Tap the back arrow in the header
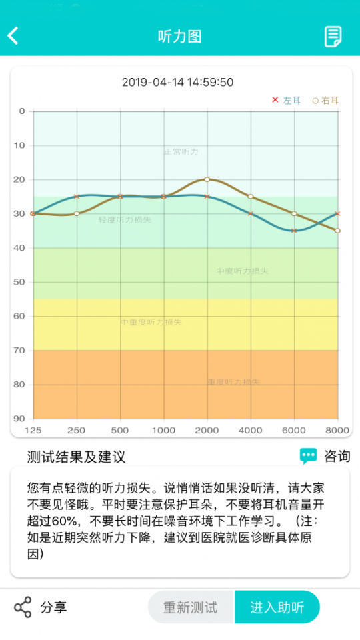pyautogui.click(x=13, y=35)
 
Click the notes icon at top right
pyautogui.click(x=333, y=36)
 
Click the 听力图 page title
pyautogui.click(x=179, y=36)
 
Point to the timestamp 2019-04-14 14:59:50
pyautogui.click(x=177, y=83)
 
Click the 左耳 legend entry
pyautogui.click(x=286, y=101)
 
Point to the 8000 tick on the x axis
pyautogui.click(x=337, y=430)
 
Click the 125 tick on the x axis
pyautogui.click(x=33, y=430)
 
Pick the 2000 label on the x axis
pyautogui.click(x=207, y=430)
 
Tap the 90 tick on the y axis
pyautogui.click(x=19, y=419)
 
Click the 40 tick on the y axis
pyautogui.click(x=19, y=248)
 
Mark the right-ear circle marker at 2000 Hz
pyautogui.click(x=207, y=179)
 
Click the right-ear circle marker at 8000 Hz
pyautogui.click(x=337, y=231)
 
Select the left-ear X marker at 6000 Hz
pyautogui.click(x=294, y=231)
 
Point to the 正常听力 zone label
pyautogui.click(x=181, y=152)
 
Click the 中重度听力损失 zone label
pyautogui.click(x=151, y=323)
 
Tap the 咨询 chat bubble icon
pyautogui.click(x=308, y=456)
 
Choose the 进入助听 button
pyautogui.click(x=277, y=607)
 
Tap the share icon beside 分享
pyautogui.click(x=23, y=607)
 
